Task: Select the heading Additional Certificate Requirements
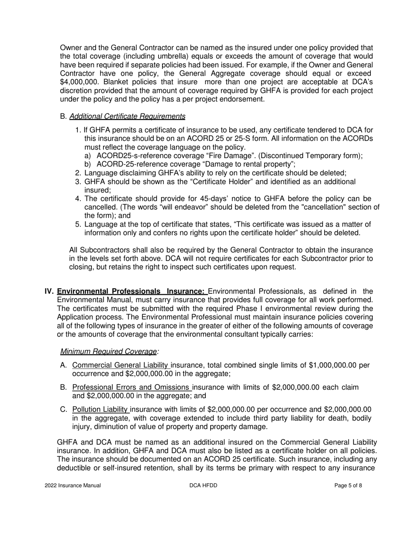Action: point(127,117)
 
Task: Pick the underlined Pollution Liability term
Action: point(100,410)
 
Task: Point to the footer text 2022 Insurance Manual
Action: point(73,485)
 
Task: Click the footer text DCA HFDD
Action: point(204,485)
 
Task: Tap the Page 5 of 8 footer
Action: point(348,485)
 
